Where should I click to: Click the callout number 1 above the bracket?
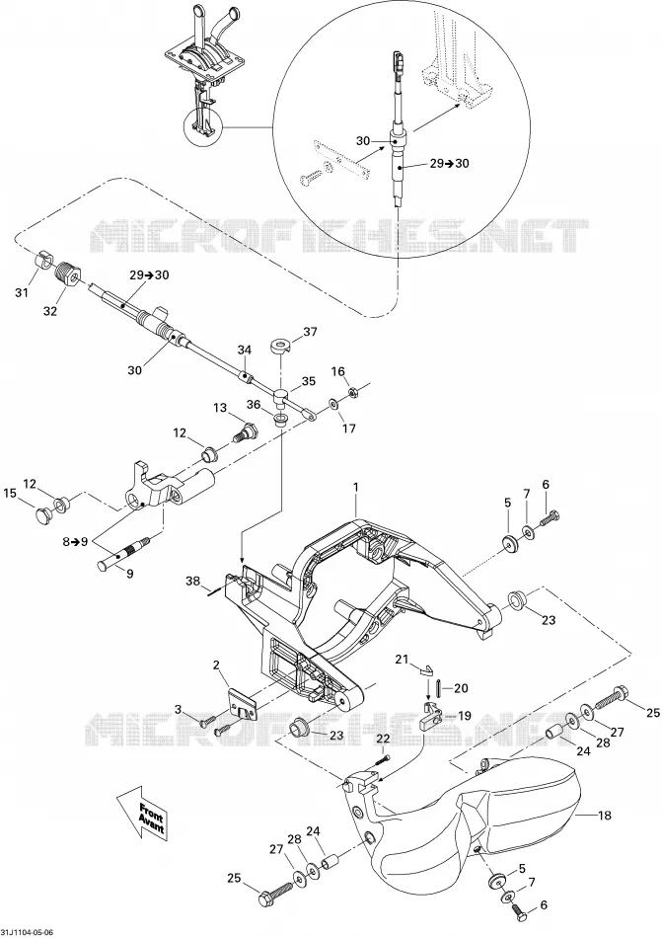click(356, 487)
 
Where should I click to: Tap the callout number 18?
click(604, 815)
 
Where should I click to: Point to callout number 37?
click(311, 332)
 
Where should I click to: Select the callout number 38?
click(193, 581)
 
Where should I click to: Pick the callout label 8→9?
click(75, 542)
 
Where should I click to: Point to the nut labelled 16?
click(352, 393)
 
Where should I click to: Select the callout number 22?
click(383, 739)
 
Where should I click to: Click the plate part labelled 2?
click(242, 703)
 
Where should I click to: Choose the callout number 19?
click(465, 716)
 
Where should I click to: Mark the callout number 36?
click(254, 405)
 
